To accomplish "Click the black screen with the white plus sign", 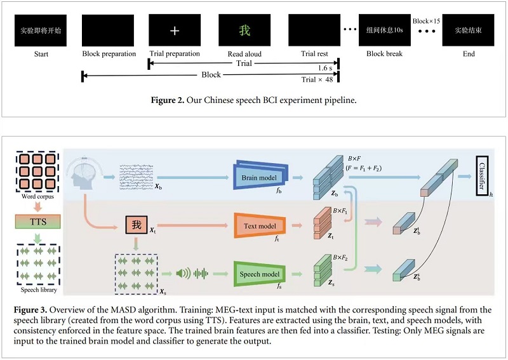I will (174, 30).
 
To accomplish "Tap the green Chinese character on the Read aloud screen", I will (244, 30).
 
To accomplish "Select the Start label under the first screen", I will (41, 54).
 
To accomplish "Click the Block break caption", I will (384, 54).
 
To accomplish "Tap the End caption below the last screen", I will (469, 54).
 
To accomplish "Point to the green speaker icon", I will (183, 274).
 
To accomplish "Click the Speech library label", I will (37, 290).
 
